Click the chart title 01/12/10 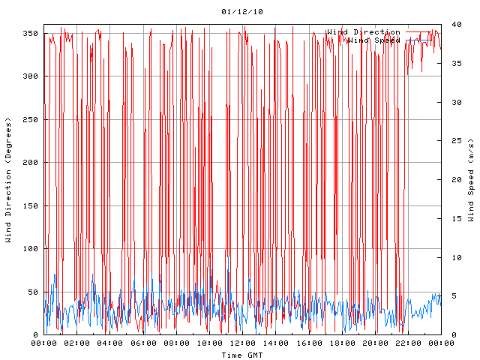tap(242, 12)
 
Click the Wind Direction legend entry tap(363, 32)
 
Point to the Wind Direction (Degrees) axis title tap(8, 180)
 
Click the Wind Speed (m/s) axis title tap(471, 180)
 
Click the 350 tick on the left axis tap(31, 33)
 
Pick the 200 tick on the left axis tap(31, 163)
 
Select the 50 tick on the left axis tap(33, 292)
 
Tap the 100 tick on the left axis tap(31, 249)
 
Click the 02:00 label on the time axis tap(77, 343)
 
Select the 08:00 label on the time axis tap(176, 343)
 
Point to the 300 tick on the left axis tap(31, 76)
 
